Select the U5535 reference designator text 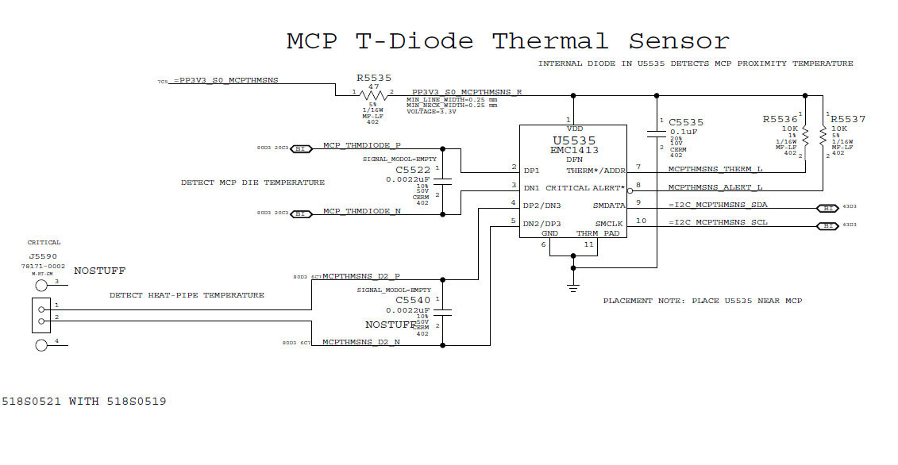(x=573, y=140)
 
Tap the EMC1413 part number (x=574, y=150)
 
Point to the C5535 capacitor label (x=686, y=122)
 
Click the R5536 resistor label (x=780, y=119)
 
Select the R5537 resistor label (x=848, y=119)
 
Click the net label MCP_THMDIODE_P (x=361, y=146)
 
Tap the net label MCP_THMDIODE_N (x=361, y=211)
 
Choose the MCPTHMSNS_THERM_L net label (x=715, y=168)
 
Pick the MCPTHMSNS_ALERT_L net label (x=715, y=187)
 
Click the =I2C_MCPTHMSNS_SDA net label (x=718, y=205)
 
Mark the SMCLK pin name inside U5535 (x=609, y=223)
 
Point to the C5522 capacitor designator (x=413, y=170)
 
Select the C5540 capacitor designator (x=413, y=301)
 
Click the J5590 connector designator (x=44, y=256)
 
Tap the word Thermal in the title (x=550, y=41)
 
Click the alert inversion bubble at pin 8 (x=630, y=190)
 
